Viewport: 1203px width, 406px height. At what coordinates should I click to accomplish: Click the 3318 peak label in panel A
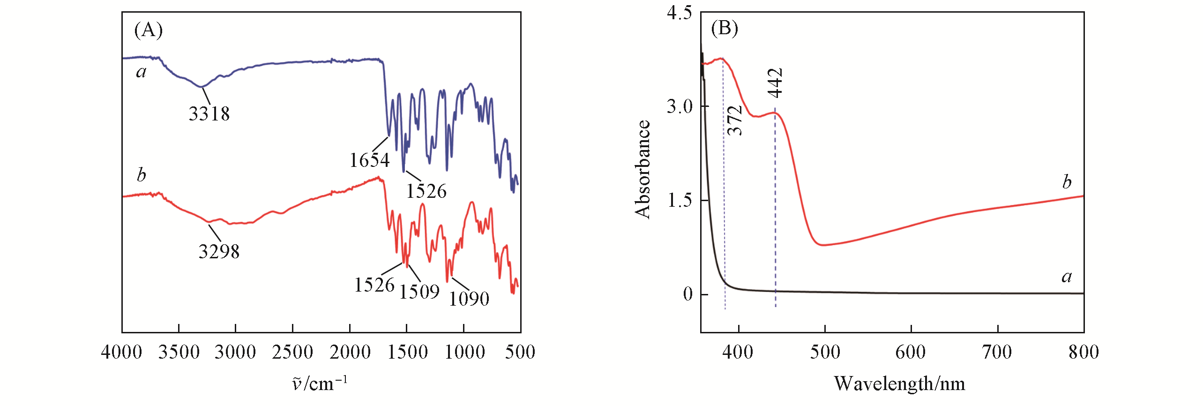pyautogui.click(x=209, y=114)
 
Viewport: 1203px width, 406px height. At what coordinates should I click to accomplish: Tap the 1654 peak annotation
pyautogui.click(x=369, y=161)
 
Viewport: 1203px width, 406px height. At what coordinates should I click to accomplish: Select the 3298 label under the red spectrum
pyautogui.click(x=219, y=252)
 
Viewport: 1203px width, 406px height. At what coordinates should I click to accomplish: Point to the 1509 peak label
pyautogui.click(x=419, y=292)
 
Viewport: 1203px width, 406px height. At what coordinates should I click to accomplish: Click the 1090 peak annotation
pyautogui.click(x=469, y=299)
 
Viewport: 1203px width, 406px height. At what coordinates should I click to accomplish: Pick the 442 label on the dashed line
pyautogui.click(x=776, y=83)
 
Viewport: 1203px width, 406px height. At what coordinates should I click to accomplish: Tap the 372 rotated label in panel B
pyautogui.click(x=735, y=120)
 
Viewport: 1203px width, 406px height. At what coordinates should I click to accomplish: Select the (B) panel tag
pyautogui.click(x=724, y=28)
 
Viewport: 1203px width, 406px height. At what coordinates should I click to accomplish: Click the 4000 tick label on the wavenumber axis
pyautogui.click(x=121, y=353)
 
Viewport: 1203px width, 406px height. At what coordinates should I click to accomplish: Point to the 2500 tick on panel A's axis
pyautogui.click(x=292, y=353)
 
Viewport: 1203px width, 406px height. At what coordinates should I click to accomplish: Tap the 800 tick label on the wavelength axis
pyautogui.click(x=1083, y=353)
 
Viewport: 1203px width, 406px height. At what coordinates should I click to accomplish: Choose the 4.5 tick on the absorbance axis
pyautogui.click(x=679, y=13)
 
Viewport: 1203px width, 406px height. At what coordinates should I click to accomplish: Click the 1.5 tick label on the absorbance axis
pyautogui.click(x=679, y=201)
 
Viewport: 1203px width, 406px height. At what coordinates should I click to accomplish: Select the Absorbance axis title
pyautogui.click(x=643, y=169)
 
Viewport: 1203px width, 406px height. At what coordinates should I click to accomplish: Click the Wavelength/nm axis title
pyautogui.click(x=899, y=384)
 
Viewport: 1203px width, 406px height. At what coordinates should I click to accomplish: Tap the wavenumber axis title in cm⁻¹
pyautogui.click(x=320, y=384)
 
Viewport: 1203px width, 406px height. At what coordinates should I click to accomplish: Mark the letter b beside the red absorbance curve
pyautogui.click(x=1067, y=182)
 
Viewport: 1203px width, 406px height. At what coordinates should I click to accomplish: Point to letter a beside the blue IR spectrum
pyautogui.click(x=141, y=72)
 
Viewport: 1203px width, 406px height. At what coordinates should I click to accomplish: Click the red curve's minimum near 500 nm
pyautogui.click(x=822, y=245)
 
